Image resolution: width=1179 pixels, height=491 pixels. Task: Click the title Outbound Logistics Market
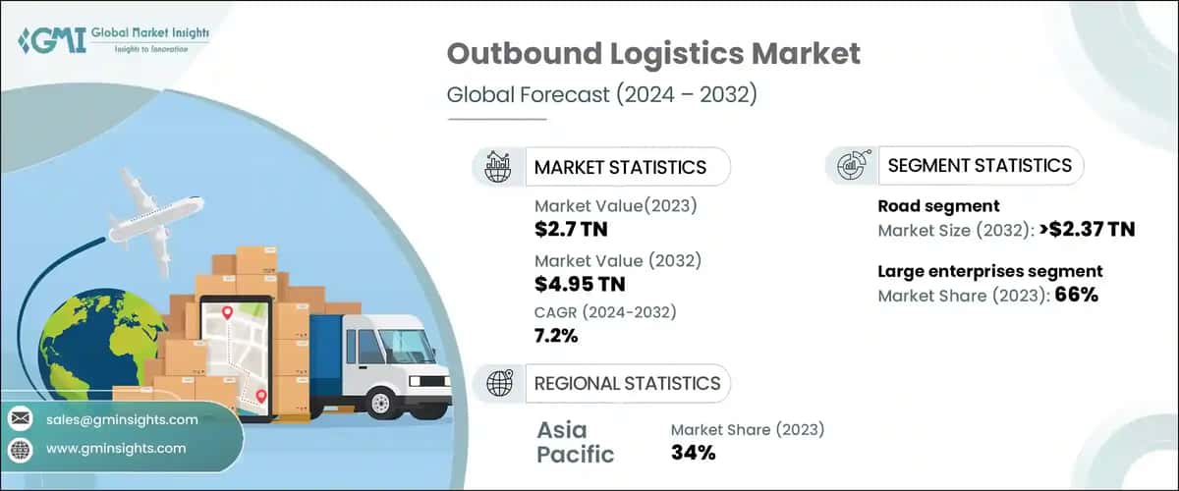click(653, 54)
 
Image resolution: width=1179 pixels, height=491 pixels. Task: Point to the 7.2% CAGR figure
click(556, 336)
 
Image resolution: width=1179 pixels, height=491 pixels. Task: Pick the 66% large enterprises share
click(1077, 295)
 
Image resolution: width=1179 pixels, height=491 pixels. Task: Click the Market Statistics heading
click(619, 167)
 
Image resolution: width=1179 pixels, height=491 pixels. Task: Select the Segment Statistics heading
click(980, 165)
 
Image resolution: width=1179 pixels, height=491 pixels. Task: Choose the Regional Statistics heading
click(627, 383)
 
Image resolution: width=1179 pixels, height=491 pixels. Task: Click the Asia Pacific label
click(575, 442)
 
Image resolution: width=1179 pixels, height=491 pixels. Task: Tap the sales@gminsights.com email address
click(122, 419)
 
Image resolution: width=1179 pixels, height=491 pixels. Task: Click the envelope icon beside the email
click(20, 419)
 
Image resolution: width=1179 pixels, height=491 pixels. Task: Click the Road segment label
click(938, 206)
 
